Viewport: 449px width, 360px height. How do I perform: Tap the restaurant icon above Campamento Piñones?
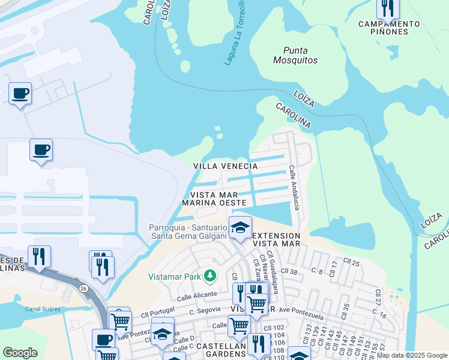tap(388, 8)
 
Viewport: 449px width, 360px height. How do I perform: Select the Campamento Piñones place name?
tap(389, 28)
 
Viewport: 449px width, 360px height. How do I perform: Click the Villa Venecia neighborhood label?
tap(225, 166)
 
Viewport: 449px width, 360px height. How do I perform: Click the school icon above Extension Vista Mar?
tap(240, 228)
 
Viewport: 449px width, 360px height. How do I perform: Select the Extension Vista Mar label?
tap(276, 239)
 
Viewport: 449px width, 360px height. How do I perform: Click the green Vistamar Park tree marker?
tap(209, 276)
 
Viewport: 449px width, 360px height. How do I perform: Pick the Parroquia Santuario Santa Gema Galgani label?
tap(188, 232)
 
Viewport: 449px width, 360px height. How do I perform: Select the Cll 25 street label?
tap(351, 262)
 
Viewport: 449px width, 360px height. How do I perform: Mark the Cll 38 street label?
tap(290, 271)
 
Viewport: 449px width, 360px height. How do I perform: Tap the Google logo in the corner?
tap(20, 353)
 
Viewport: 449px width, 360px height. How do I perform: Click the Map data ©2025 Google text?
tap(412, 355)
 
